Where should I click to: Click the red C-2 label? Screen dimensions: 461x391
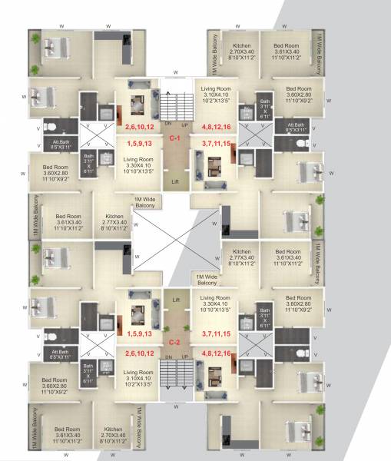[x=174, y=343]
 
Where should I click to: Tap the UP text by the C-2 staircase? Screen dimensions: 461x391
[x=184, y=357]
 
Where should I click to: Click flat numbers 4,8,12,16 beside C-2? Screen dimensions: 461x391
[x=216, y=353]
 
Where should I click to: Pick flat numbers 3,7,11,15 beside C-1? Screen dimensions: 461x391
[x=216, y=143]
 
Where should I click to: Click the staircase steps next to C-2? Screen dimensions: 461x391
[x=175, y=380]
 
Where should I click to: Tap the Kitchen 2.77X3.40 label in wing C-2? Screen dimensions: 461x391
[x=242, y=257]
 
